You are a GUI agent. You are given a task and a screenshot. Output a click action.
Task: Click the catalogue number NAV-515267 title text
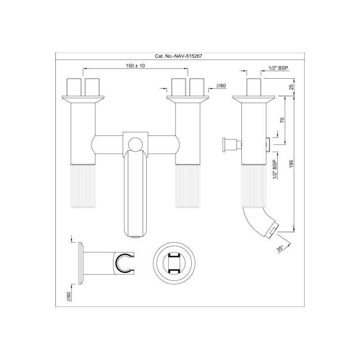179,56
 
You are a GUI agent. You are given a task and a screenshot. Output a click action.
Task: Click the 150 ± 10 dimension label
135,66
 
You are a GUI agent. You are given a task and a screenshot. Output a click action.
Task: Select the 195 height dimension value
291,164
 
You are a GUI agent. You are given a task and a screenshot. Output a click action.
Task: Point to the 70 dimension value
282,120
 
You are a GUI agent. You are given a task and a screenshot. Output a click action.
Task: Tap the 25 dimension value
291,87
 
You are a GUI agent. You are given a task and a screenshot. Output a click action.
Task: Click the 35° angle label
280,249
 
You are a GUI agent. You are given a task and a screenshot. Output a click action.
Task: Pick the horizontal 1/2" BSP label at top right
278,68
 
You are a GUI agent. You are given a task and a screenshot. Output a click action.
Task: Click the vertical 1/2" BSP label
274,170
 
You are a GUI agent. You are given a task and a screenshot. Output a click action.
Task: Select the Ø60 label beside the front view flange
221,85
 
